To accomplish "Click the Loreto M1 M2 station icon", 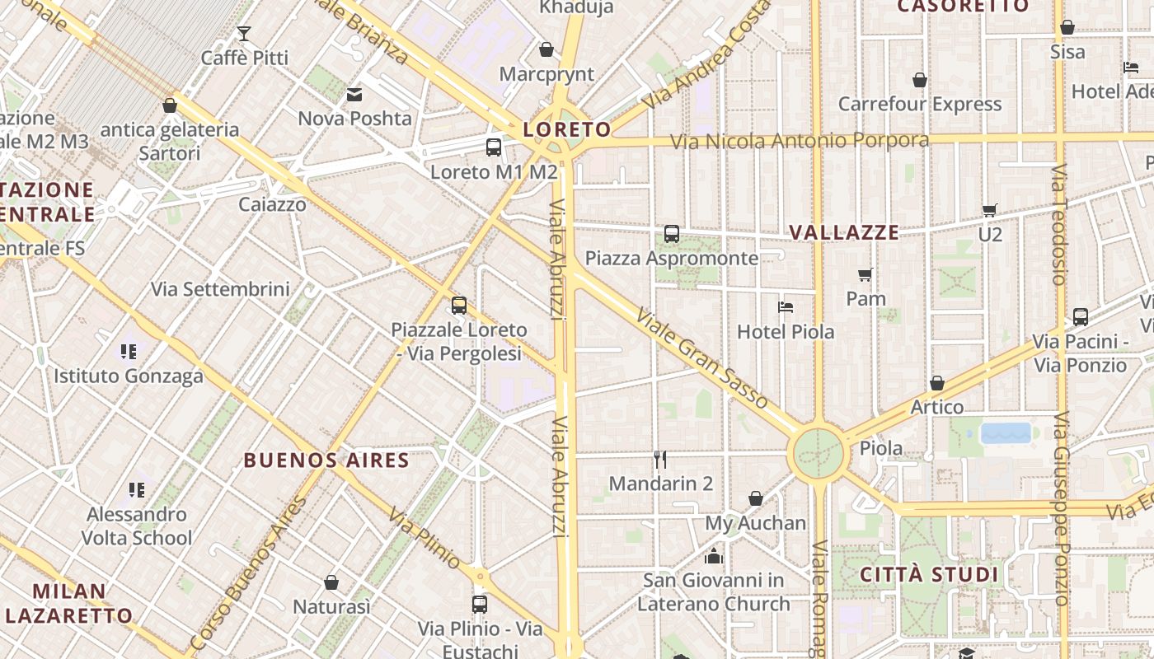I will click(x=494, y=147).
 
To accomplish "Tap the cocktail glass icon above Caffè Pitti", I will click(x=244, y=34).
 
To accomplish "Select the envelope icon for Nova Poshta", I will click(x=354, y=95).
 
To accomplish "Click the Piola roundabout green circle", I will click(x=819, y=453).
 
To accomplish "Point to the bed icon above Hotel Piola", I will click(x=786, y=307).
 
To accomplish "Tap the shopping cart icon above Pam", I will click(x=865, y=274).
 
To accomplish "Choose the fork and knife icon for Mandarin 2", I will click(x=660, y=459).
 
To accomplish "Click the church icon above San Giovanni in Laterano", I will click(x=714, y=556).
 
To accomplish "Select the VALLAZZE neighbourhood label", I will click(x=844, y=232).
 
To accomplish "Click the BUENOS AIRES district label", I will click(x=326, y=460).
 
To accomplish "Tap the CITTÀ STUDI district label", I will click(x=929, y=574).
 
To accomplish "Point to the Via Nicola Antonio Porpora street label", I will click(x=799, y=141).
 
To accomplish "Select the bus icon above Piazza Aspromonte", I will click(x=672, y=234).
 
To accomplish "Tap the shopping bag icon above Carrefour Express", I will click(x=920, y=80).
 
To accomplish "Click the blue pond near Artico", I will click(x=1006, y=433).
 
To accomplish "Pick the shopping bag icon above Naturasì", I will click(x=331, y=582).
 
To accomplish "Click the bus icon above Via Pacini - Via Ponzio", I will click(x=1080, y=316).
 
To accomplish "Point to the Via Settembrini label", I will click(x=220, y=289).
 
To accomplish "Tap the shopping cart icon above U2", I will click(x=990, y=210).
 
